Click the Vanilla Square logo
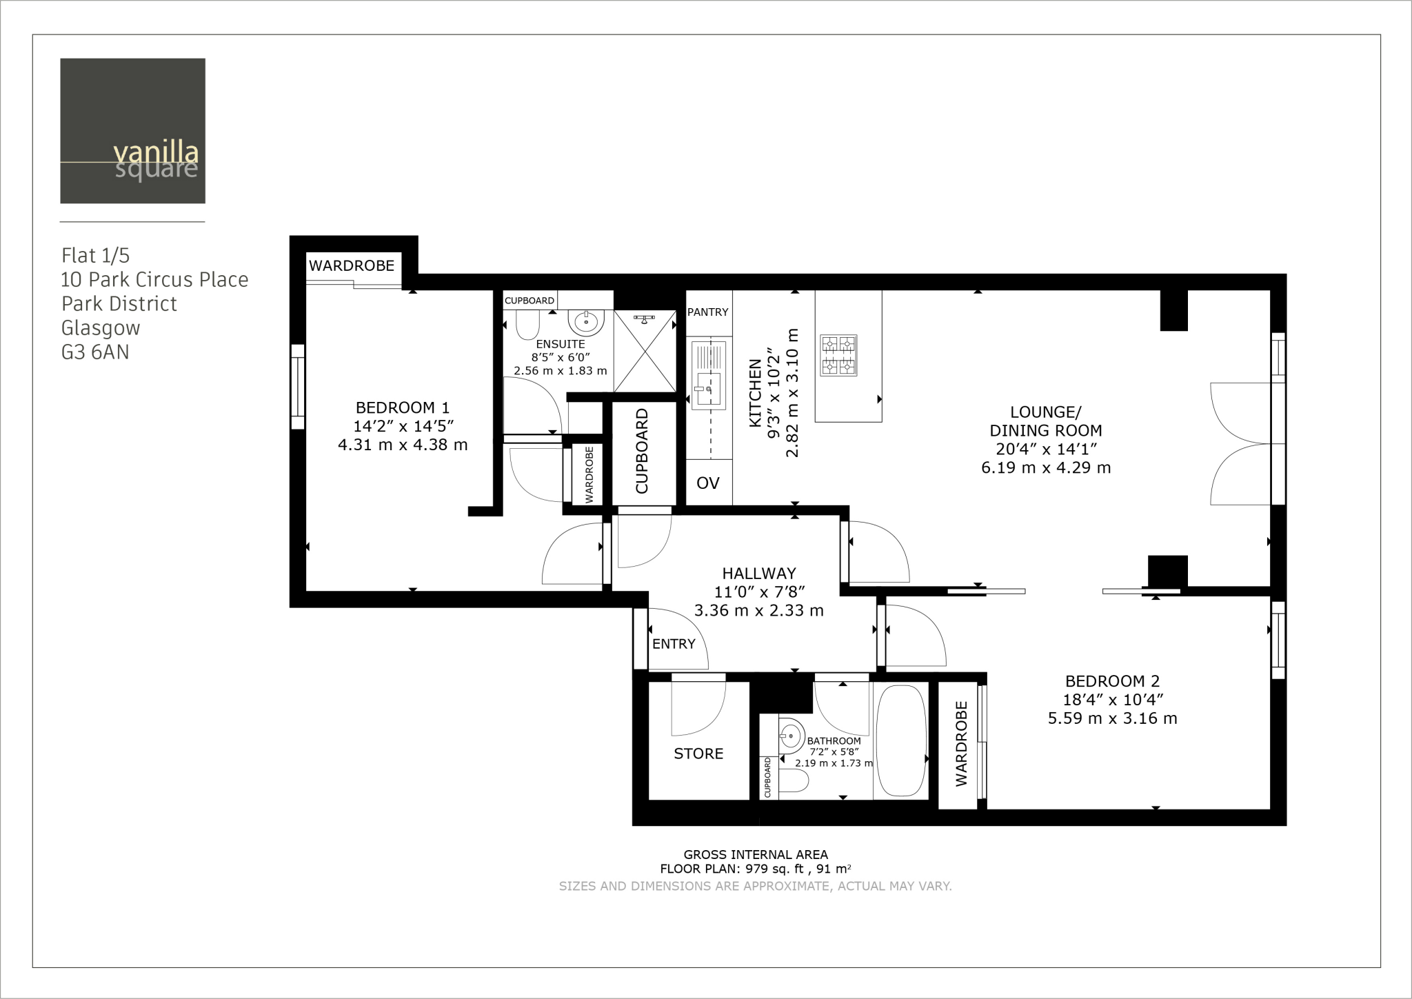(132, 131)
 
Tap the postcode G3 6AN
(95, 352)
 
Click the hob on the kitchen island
(838, 355)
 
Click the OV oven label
(708, 483)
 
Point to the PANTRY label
(708, 312)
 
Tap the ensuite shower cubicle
(645, 351)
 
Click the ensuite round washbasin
(586, 321)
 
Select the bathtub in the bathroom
(900, 741)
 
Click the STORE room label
(698, 754)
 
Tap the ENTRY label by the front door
(674, 644)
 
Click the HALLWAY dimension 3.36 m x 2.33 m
(758, 611)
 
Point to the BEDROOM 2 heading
(1112, 681)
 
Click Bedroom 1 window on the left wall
(298, 387)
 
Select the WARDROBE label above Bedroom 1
(352, 265)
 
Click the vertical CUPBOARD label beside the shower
(642, 452)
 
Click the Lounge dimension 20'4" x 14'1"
(1046, 449)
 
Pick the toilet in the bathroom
(794, 781)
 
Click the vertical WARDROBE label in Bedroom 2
(962, 743)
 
